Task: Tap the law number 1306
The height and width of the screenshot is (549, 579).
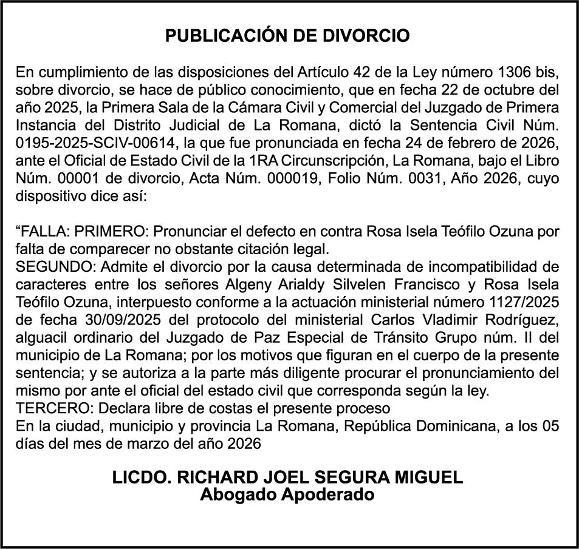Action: [516, 74]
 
